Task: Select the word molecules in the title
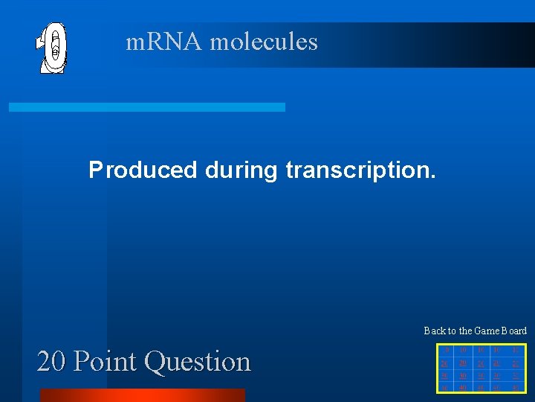coord(264,42)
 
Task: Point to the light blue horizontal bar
coord(147,107)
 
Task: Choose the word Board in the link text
coord(515,331)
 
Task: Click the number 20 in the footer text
coord(52,362)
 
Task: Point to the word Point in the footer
coord(107,362)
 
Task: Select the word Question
coord(198,362)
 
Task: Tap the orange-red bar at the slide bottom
coord(142,395)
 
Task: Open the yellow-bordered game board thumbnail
coord(481,368)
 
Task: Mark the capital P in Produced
coord(95,170)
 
